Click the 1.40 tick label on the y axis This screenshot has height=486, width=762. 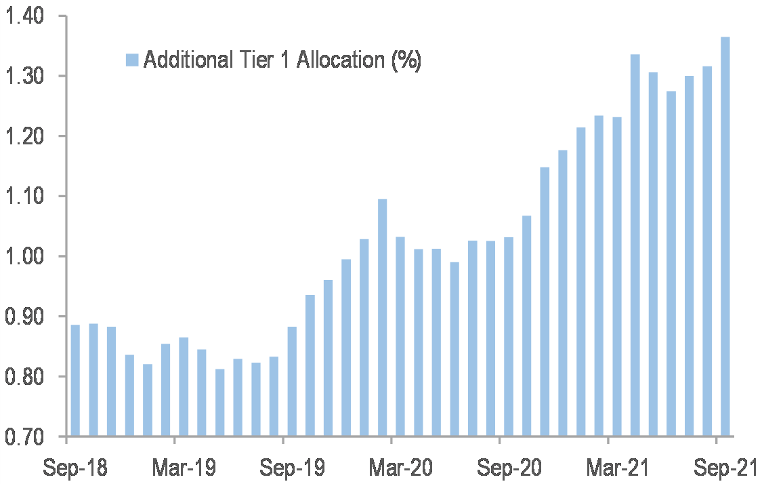point(24,16)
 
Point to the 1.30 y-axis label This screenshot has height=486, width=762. point(24,76)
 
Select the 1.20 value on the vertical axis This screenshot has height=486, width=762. point(24,136)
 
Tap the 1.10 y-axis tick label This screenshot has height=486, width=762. point(24,197)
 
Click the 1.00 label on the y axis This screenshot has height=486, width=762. point(24,256)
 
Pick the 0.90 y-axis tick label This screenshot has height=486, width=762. point(24,317)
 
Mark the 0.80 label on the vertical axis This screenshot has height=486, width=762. point(24,376)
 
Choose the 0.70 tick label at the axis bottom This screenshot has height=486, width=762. point(24,437)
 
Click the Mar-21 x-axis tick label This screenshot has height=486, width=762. point(608,468)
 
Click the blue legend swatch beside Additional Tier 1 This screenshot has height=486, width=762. point(132,60)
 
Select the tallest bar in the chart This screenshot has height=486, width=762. point(725,237)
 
